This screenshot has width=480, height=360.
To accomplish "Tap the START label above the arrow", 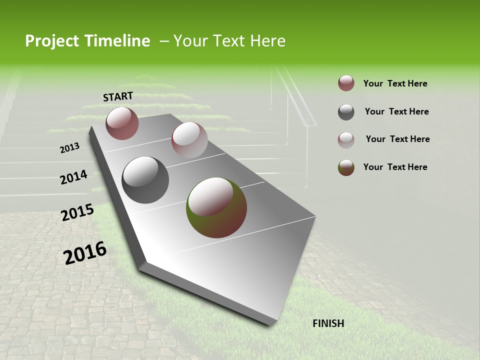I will click(x=118, y=96).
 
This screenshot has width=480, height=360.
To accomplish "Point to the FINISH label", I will click(x=328, y=323).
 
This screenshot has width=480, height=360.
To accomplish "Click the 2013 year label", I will click(x=69, y=148).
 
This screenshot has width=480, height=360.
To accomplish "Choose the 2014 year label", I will click(x=73, y=177).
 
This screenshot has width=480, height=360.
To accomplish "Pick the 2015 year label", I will click(x=77, y=212).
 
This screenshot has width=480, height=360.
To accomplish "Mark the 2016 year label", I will click(x=85, y=252).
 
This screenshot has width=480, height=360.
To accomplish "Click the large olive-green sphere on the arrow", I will click(x=216, y=207).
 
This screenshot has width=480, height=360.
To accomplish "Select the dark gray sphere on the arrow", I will click(x=145, y=180).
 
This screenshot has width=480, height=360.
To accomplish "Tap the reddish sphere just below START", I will click(x=122, y=123).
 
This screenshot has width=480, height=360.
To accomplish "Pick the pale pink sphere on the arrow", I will click(x=189, y=140).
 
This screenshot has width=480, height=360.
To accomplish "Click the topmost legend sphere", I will click(x=346, y=83).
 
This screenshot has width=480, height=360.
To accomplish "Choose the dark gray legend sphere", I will click(x=346, y=112).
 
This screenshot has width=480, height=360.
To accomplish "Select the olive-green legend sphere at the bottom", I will click(x=346, y=167).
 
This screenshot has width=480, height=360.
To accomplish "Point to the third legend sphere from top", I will click(x=346, y=140).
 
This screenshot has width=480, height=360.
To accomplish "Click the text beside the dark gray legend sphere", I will click(x=396, y=111).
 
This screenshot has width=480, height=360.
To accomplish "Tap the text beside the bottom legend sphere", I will click(x=395, y=167).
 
